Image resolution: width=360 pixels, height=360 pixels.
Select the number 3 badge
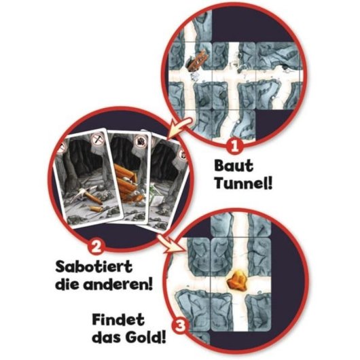tap(180, 327)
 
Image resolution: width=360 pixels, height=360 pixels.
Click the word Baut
tap(234, 166)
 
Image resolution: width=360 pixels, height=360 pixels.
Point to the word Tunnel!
tap(244, 183)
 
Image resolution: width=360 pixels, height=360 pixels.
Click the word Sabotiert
tap(94, 266)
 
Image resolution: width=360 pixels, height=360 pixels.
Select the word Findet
tap(118, 319)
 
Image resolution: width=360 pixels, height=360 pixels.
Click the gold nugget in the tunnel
tap(237, 280)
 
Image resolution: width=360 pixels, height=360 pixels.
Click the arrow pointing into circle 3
tap(172, 244)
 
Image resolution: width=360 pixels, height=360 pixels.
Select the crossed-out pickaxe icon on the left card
tap(98, 139)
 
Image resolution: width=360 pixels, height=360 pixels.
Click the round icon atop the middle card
tap(141, 141)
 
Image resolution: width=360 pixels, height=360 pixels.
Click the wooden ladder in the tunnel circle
tap(198, 60)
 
